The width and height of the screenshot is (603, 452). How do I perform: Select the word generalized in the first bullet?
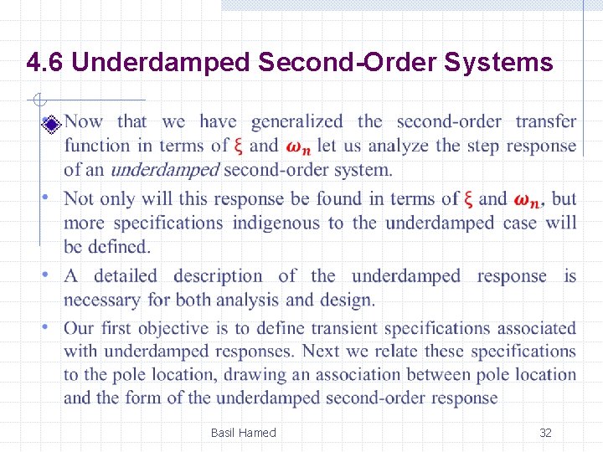click(296, 122)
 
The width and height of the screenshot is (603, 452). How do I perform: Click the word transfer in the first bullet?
click(545, 122)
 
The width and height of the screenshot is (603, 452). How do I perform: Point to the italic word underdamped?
click(164, 170)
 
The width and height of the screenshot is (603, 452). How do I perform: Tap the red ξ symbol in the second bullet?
click(469, 199)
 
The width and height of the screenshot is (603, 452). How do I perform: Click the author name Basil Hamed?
click(243, 433)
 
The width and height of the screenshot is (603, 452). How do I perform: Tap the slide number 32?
click(545, 433)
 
